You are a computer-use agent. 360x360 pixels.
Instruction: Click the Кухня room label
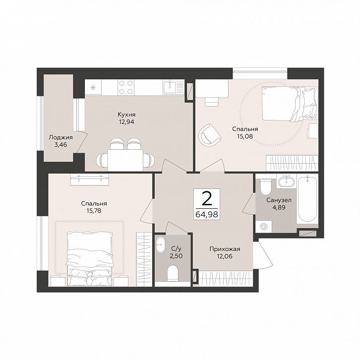point(126,115)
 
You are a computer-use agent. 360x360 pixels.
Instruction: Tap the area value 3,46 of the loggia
point(61,145)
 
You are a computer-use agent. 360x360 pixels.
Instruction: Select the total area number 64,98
point(207,214)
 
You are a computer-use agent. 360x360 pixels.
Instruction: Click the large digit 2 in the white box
point(207,199)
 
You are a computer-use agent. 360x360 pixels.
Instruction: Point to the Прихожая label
point(225,249)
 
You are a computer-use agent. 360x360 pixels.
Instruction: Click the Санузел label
point(279,200)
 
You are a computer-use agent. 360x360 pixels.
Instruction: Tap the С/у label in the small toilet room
point(176,248)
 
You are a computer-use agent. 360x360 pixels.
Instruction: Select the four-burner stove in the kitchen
point(126,87)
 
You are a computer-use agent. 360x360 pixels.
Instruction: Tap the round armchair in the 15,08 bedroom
point(210,134)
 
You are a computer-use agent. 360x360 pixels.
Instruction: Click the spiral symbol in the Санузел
point(264,227)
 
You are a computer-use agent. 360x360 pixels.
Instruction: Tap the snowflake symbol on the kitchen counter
point(93,87)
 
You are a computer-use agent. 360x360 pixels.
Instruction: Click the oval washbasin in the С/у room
point(160,245)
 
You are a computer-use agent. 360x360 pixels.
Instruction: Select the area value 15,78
point(94,211)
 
